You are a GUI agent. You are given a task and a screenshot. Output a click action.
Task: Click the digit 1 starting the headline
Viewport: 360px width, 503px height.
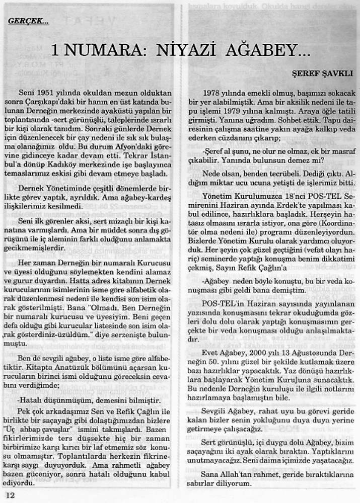click(x=56, y=51)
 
